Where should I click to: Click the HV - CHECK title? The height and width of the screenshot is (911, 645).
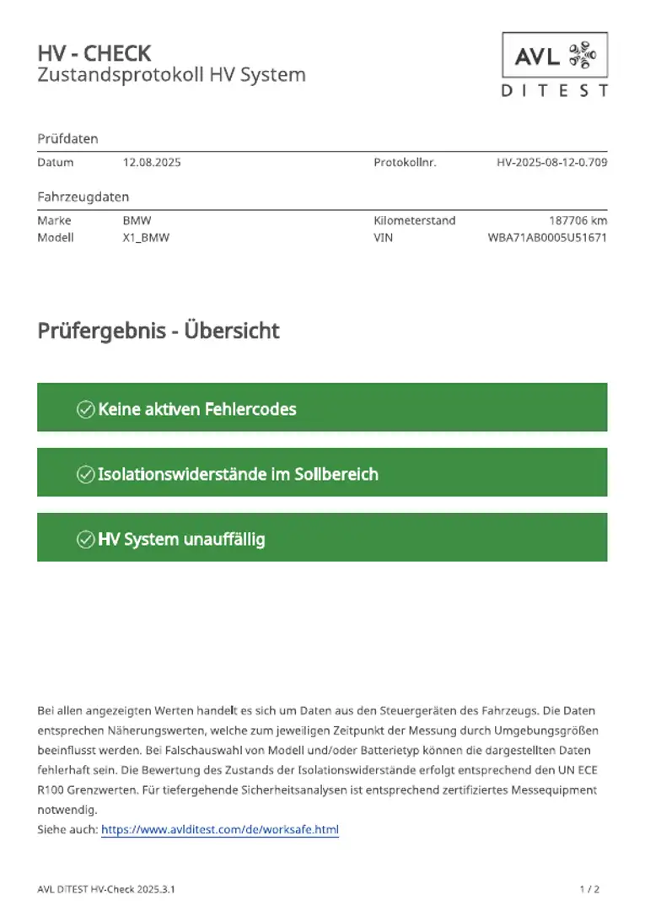pyautogui.click(x=94, y=53)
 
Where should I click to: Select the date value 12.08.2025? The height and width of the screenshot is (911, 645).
pyautogui.click(x=152, y=162)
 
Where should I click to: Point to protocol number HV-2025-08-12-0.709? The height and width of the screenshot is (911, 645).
pyautogui.click(x=551, y=162)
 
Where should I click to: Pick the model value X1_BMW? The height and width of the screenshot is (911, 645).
pyautogui.click(x=146, y=237)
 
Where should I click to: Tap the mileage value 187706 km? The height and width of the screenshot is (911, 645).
pyautogui.click(x=578, y=220)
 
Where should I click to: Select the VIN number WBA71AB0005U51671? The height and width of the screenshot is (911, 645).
pyautogui.click(x=547, y=237)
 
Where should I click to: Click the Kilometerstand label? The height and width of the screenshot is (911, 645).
pyautogui.click(x=414, y=220)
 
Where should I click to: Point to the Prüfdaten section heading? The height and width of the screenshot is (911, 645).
pyautogui.click(x=68, y=138)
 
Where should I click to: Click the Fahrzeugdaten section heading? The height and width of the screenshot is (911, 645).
pyautogui.click(x=83, y=197)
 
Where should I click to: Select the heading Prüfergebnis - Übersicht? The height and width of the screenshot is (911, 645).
pyautogui.click(x=159, y=331)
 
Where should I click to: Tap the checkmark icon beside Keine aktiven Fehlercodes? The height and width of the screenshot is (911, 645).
pyautogui.click(x=85, y=409)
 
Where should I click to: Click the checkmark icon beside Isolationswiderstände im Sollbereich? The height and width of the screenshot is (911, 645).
pyautogui.click(x=85, y=474)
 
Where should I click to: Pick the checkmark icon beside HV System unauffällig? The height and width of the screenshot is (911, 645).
pyautogui.click(x=85, y=539)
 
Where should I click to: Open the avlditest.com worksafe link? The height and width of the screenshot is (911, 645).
pyautogui.click(x=220, y=830)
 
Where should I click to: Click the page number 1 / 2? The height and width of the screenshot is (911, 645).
pyautogui.click(x=590, y=889)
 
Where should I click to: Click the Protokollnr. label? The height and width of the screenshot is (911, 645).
pyautogui.click(x=405, y=162)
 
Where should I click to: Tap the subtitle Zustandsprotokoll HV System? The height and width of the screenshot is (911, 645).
pyautogui.click(x=171, y=75)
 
